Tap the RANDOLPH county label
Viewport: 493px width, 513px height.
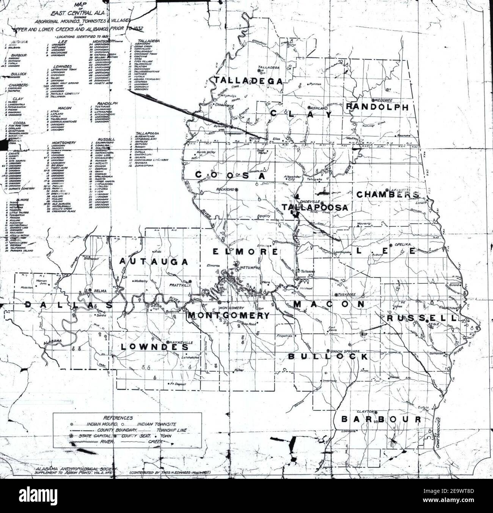tap(378, 107)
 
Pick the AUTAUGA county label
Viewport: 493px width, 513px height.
tap(154, 262)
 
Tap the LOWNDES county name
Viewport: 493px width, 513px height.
tap(155, 347)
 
